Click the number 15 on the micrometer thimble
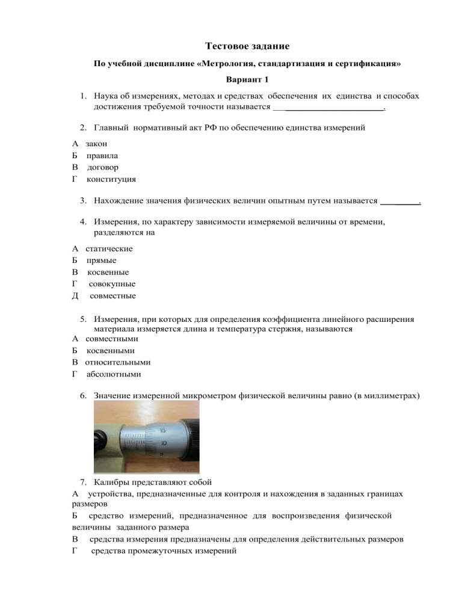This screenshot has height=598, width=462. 163,430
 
